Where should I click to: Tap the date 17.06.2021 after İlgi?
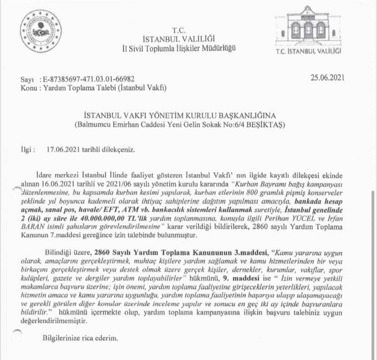coord(63,149)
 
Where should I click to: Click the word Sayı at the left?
coord(28,80)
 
